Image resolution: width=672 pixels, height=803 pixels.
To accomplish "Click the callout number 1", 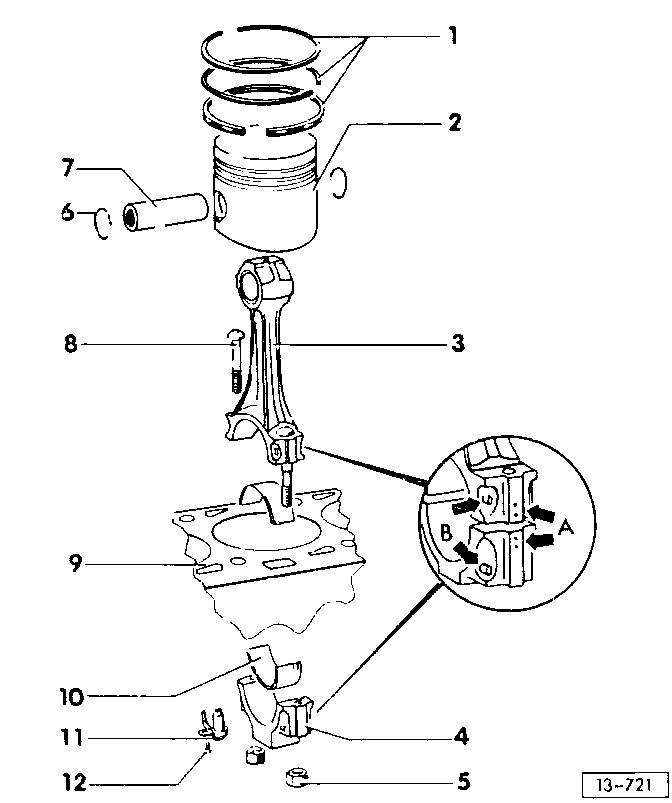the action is [x=453, y=36].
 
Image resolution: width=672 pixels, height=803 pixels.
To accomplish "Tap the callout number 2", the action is [x=454, y=122].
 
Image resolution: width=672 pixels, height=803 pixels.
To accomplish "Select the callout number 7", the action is [x=69, y=167].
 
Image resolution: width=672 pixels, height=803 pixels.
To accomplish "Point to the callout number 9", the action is [x=75, y=563].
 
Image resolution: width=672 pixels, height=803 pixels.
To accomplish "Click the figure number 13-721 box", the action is [x=625, y=785].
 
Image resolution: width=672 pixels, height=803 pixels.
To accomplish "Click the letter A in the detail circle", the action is [x=564, y=526].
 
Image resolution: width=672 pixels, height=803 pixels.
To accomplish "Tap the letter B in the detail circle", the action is [x=446, y=532].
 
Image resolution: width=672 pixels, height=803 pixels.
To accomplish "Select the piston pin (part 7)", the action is [x=165, y=212].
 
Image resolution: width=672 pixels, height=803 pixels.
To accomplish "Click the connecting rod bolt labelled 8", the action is [x=235, y=360].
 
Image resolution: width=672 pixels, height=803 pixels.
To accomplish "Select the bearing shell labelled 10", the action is [x=274, y=666].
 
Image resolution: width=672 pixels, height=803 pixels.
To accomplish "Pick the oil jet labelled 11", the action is [x=214, y=724].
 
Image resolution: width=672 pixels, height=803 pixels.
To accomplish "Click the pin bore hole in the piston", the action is [x=220, y=206].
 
